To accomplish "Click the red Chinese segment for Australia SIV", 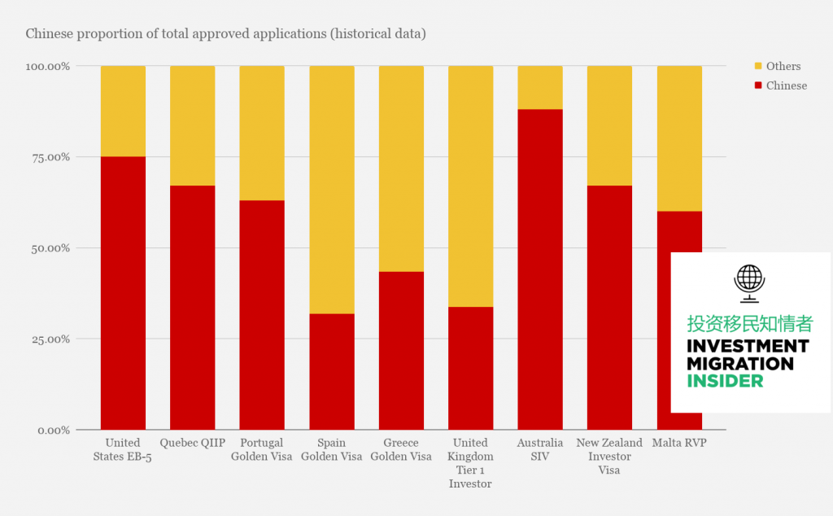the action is (x=540, y=269).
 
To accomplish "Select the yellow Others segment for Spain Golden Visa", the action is (x=332, y=190).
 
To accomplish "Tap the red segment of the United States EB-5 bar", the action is (x=124, y=293).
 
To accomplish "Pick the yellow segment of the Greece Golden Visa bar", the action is (x=401, y=169).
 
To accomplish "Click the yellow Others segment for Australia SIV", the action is (x=540, y=88).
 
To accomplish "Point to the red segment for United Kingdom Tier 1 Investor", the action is (x=471, y=368).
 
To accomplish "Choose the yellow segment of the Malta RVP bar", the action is (x=679, y=138).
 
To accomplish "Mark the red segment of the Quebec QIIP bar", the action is (x=192, y=308).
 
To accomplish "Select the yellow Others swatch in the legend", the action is (x=758, y=66).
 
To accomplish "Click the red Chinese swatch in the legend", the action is (x=758, y=85).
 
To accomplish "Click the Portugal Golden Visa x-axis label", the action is (x=261, y=449).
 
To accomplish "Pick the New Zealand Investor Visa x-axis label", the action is (x=609, y=457).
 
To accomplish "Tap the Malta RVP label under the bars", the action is (x=679, y=443).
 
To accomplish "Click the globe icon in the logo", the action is (x=749, y=283).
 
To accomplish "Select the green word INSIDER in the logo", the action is (x=725, y=381).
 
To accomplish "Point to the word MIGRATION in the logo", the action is (x=740, y=364).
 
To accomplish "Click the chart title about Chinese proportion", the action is (x=226, y=33).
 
